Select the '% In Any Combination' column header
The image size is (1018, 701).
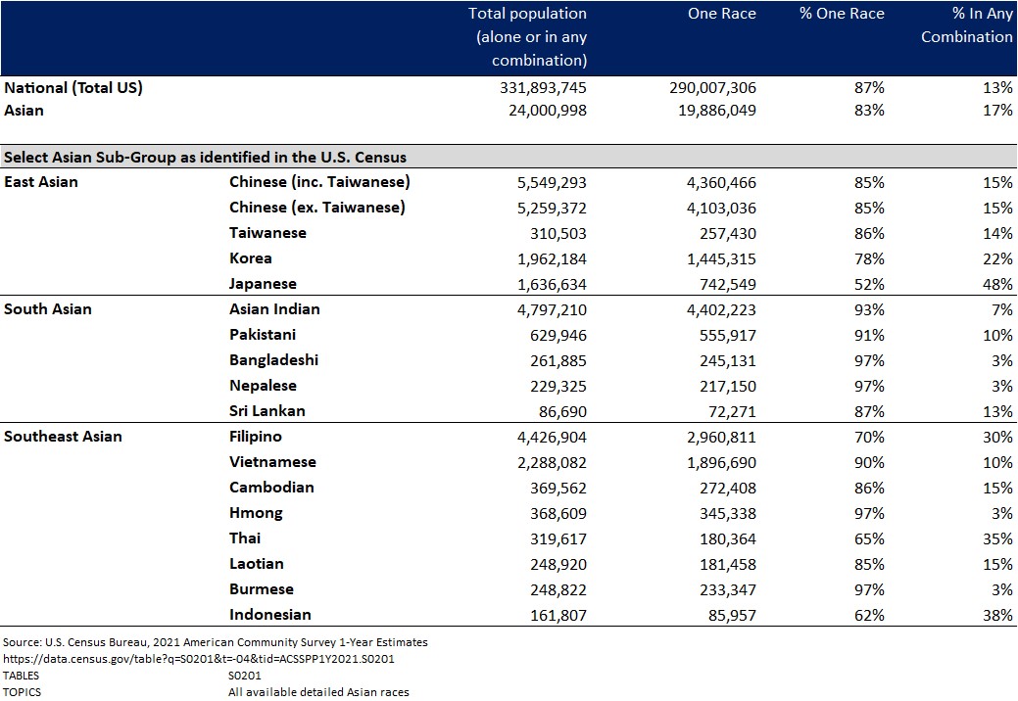point(966,25)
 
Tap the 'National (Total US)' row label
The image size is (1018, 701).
point(73,87)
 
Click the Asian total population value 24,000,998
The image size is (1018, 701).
point(544,111)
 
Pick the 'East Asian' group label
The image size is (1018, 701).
point(41,182)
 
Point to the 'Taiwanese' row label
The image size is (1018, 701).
point(267,233)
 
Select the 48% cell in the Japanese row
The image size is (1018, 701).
point(998,284)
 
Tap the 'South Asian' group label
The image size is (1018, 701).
point(48,309)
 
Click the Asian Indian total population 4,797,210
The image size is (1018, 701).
point(544,309)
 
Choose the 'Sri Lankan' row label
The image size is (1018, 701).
point(267,411)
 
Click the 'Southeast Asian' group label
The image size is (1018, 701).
point(63,437)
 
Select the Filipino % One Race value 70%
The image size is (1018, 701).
point(868,437)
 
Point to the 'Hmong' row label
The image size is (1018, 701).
point(256,513)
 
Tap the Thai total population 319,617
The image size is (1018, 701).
point(551,538)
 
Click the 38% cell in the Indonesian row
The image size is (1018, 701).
point(998,615)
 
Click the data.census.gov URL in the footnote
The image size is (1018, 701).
point(198,659)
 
